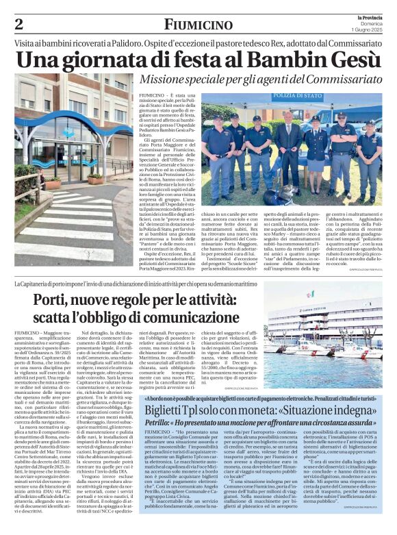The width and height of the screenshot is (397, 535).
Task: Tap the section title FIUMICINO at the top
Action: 198,25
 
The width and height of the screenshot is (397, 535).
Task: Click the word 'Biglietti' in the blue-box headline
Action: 169,409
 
